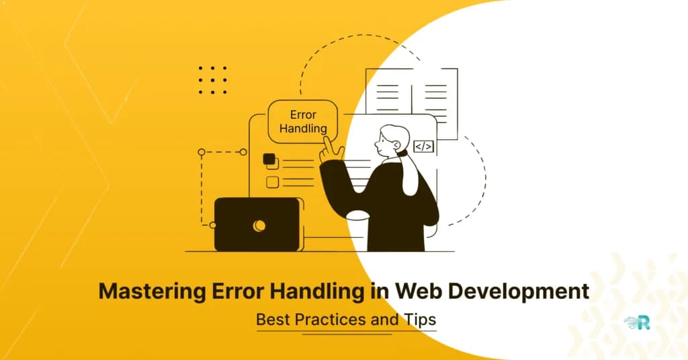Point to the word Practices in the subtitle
(329, 320)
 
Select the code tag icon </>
(423, 146)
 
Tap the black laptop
(256, 224)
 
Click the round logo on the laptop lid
(259, 226)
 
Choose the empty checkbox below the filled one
(272, 182)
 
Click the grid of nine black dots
(213, 79)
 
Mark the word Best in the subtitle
(272, 320)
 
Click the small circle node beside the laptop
(212, 225)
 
